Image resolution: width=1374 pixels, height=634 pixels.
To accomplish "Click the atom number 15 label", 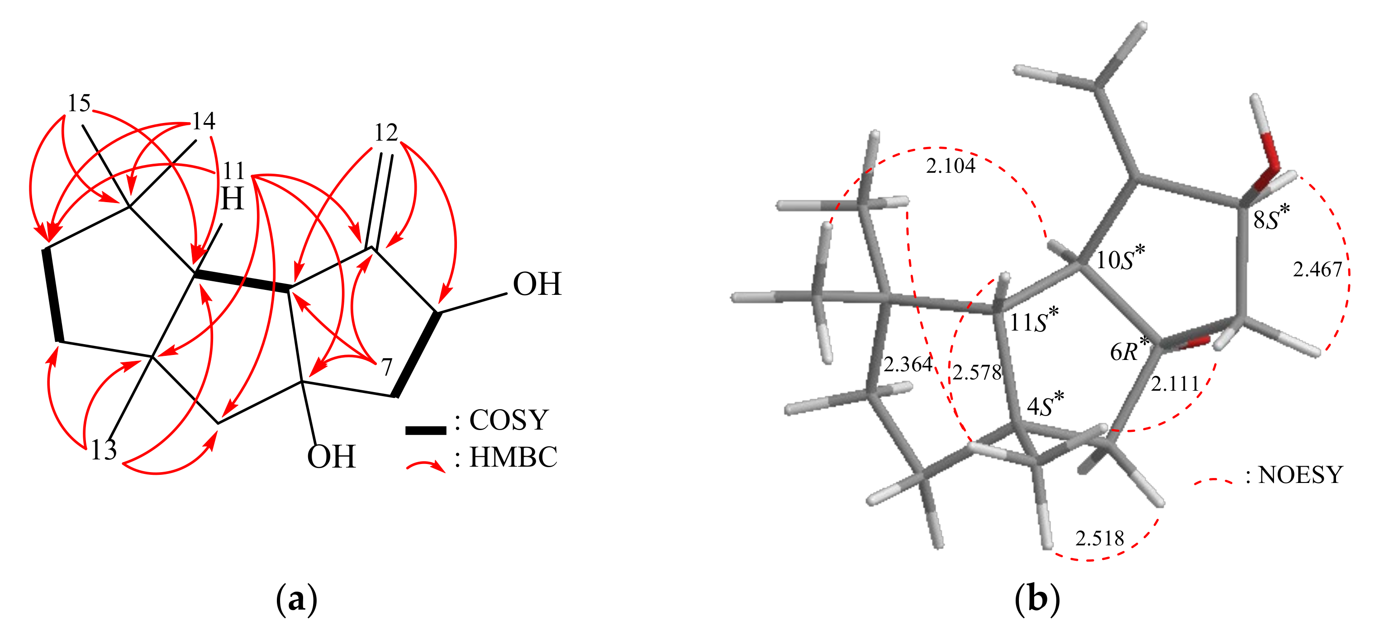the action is pyautogui.click(x=79, y=103).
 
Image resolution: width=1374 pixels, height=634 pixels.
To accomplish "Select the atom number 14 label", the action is pyautogui.click(x=203, y=121).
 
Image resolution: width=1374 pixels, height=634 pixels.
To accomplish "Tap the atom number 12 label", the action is pyautogui.click(x=385, y=132).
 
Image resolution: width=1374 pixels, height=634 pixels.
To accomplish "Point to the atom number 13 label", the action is pyautogui.click(x=104, y=450).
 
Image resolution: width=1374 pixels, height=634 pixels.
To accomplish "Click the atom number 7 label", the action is pyautogui.click(x=387, y=367).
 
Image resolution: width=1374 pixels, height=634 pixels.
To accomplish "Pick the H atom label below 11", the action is pyautogui.click(x=232, y=199).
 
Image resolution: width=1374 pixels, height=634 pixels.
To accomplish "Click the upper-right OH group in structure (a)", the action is pyautogui.click(x=537, y=284).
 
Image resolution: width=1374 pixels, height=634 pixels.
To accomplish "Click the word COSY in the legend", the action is pyautogui.click(x=509, y=420).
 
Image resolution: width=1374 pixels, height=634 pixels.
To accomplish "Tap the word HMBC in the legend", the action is pyautogui.click(x=513, y=457).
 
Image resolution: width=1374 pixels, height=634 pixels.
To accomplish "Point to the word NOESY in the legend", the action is pyautogui.click(x=1300, y=474).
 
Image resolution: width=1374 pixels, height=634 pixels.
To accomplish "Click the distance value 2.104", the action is pyautogui.click(x=951, y=166).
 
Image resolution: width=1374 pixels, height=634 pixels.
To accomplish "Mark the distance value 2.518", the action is pyautogui.click(x=1099, y=539).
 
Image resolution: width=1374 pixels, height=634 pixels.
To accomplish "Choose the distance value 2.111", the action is pyautogui.click(x=1175, y=384).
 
